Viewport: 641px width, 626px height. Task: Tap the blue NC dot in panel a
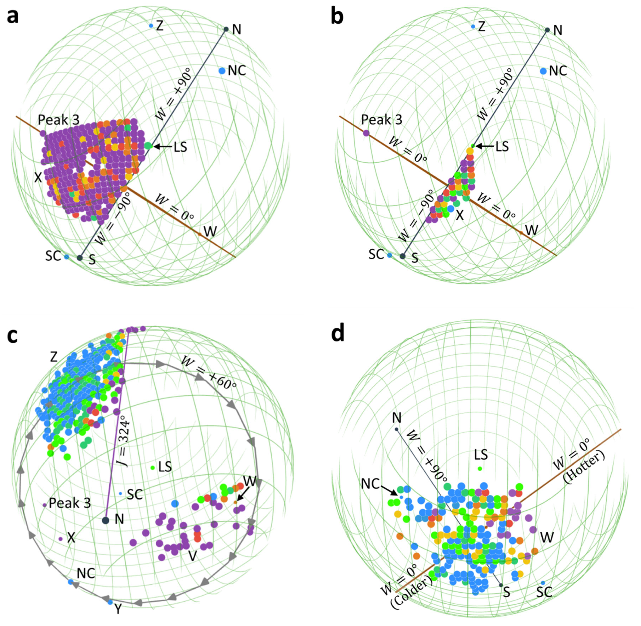222,71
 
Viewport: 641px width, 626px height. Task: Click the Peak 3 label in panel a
58,120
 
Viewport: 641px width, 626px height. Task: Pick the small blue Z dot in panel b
473,26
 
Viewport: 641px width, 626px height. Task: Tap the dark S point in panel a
80,258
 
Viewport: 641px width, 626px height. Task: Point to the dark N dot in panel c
106,520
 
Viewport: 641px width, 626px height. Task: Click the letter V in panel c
192,556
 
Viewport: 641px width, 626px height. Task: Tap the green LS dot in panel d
480,468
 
